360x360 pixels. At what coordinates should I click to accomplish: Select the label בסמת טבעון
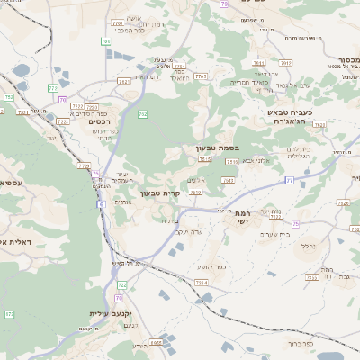(218, 147)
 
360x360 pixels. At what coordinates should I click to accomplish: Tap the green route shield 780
(107, 41)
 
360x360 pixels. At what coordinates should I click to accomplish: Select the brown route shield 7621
(344, 203)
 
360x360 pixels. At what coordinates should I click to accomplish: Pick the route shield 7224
(200, 283)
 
